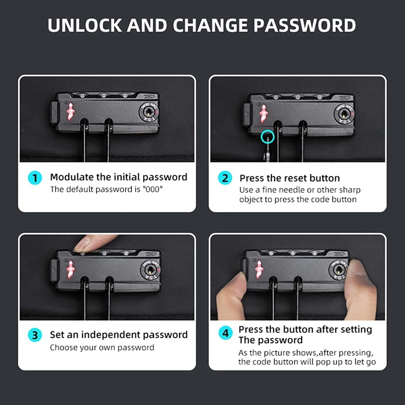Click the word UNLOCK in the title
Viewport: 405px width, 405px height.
[85, 25]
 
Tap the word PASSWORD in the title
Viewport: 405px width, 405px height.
[305, 25]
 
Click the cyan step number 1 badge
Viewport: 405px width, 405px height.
[35, 178]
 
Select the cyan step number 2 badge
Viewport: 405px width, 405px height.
[225, 178]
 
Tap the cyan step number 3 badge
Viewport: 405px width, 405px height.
[35, 335]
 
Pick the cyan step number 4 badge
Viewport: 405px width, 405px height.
[226, 333]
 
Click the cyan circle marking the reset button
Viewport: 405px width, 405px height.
[268, 137]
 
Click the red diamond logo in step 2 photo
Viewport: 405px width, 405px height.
[264, 114]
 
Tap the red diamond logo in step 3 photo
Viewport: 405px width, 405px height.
[70, 270]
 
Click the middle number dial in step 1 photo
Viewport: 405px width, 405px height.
[104, 96]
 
